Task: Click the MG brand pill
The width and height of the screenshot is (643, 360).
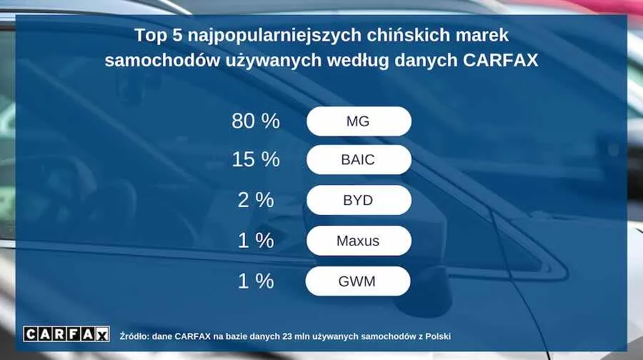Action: [x=359, y=121]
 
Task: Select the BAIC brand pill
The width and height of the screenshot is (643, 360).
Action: [x=359, y=159]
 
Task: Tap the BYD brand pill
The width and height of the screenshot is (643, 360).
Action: [x=359, y=200]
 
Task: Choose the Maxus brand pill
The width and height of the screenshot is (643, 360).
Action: [x=359, y=241]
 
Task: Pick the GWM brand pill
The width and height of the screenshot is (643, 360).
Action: [x=358, y=281]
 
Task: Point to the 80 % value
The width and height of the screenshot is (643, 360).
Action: [x=256, y=121]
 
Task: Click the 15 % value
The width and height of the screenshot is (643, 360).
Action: [x=256, y=159]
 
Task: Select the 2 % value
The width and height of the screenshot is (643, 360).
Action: [x=256, y=200]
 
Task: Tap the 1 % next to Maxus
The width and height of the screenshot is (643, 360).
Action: [x=256, y=240]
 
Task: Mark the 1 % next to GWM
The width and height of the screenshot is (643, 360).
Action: [x=256, y=281]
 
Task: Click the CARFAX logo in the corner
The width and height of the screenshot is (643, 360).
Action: [x=66, y=334]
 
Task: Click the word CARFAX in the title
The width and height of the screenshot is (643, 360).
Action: [x=500, y=60]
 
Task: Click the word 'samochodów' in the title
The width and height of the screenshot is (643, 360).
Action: [x=161, y=60]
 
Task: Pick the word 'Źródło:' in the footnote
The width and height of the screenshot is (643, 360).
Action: [x=134, y=336]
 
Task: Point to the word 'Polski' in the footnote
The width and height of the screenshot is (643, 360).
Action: [x=438, y=336]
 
